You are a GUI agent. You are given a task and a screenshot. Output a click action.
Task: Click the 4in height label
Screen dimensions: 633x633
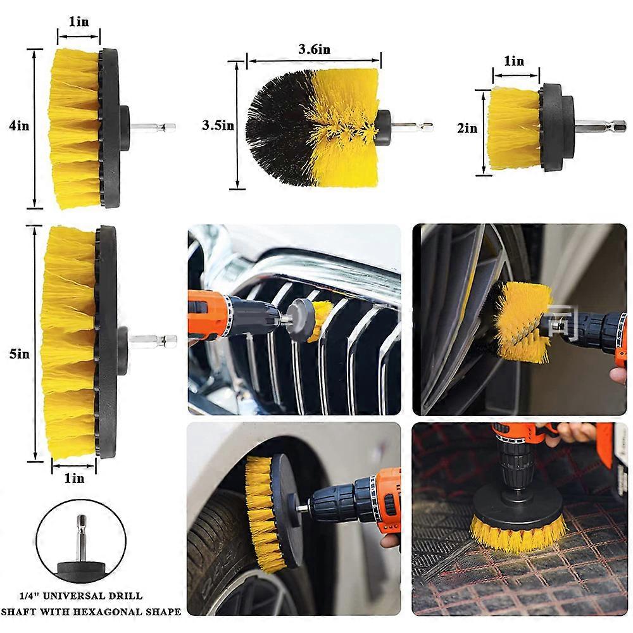19,125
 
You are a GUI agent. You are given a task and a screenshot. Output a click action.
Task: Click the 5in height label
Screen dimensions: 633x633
19,354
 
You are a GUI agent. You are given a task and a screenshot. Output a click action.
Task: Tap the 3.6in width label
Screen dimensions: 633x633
314,49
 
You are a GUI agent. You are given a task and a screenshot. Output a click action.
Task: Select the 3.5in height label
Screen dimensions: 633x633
218,125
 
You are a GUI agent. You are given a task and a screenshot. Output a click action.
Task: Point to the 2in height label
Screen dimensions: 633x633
467,128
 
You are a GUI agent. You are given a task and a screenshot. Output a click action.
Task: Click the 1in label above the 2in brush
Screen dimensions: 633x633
514,61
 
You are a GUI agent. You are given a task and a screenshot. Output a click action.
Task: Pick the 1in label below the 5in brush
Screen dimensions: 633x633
74,479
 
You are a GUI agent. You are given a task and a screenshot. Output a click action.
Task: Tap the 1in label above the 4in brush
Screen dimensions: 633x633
78,22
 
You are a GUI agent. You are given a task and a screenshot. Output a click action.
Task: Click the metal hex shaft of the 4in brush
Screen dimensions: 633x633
153,128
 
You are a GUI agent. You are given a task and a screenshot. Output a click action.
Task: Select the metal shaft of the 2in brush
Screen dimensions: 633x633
600,126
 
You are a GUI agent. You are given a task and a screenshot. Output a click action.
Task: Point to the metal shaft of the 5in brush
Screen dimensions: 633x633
153,341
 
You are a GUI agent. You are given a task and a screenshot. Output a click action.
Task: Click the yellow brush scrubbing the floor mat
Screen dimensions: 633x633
518,533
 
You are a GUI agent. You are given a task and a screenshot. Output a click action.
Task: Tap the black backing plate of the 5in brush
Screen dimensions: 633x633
107,342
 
